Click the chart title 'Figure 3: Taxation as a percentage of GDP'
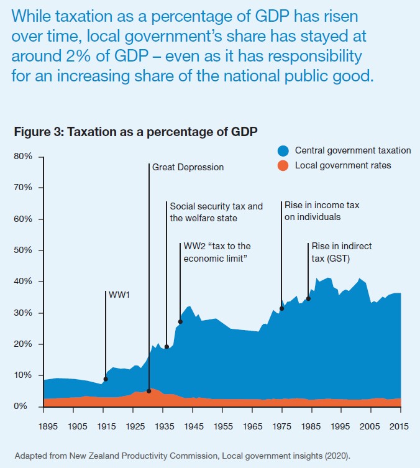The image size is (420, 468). [x=135, y=132]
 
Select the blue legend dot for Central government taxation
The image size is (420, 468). [x=283, y=150]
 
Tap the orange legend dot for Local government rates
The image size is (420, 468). [x=283, y=165]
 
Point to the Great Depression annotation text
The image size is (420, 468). [x=188, y=167]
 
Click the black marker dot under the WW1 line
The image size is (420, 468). [x=106, y=379]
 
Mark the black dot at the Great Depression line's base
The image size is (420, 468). [x=149, y=391]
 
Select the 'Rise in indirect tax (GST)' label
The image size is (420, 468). [x=341, y=252]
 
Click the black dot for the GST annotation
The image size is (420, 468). [x=308, y=298]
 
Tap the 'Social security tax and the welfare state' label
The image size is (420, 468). [x=216, y=212]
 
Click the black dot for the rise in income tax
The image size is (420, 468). [x=282, y=308]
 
